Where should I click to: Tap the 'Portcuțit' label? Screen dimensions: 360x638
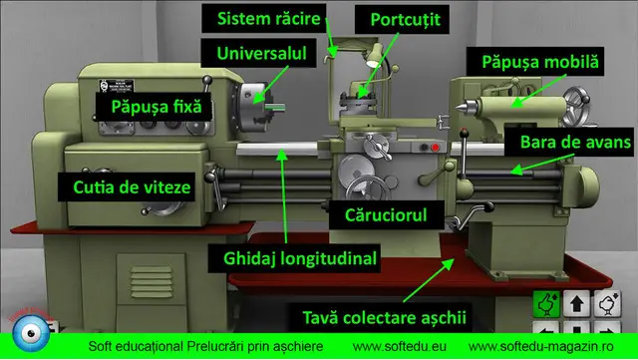405,20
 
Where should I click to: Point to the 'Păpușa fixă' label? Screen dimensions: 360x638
155,103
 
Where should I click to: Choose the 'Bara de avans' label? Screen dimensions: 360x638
575,143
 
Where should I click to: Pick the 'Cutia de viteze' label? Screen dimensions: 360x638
125,185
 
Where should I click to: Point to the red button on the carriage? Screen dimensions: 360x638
435,148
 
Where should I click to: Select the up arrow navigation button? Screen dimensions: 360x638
576,302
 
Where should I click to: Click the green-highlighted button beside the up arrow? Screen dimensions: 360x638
545,302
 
